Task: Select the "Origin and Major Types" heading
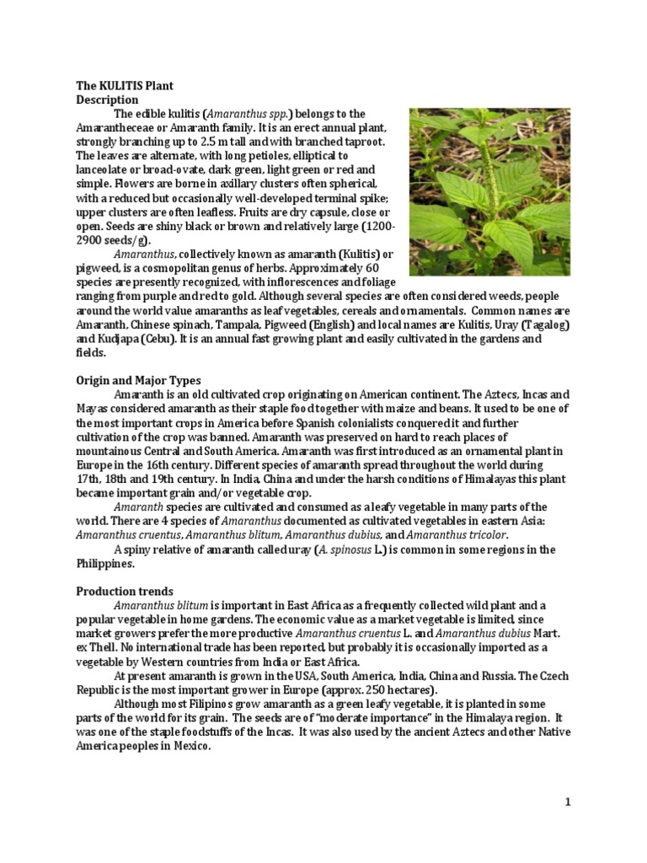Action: tap(134, 380)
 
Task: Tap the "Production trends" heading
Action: tap(120, 591)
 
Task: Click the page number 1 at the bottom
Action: tap(568, 801)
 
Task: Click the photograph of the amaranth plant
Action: tap(489, 191)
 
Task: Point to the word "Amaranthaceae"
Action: tap(111, 127)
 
